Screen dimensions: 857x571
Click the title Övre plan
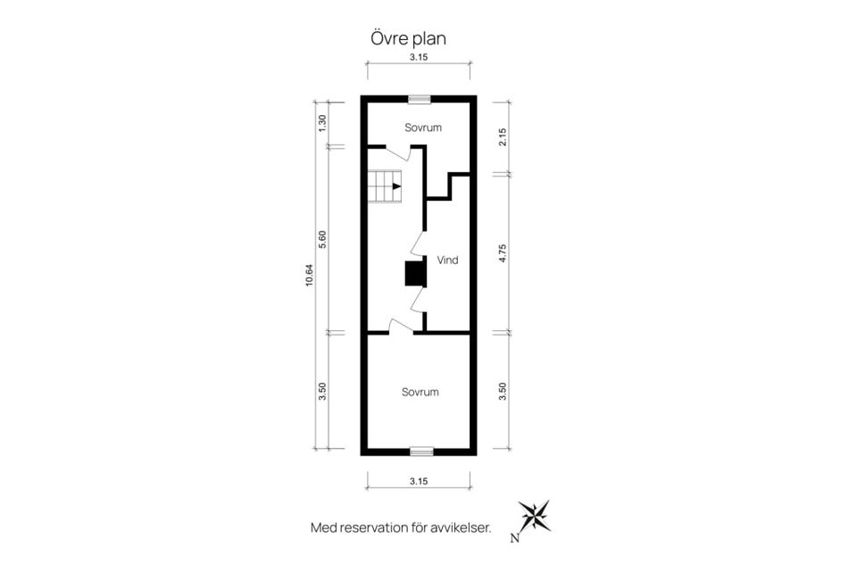[408, 38]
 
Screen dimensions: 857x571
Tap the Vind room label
[447, 261]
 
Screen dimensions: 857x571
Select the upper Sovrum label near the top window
[423, 128]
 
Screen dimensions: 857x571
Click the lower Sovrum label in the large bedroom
[420, 392]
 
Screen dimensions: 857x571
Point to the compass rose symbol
[535, 516]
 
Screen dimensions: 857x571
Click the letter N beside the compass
[514, 539]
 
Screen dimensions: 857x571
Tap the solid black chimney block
[415, 274]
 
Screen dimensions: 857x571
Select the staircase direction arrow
[396, 186]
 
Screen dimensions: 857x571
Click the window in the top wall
[420, 99]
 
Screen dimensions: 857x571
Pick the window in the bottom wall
[421, 451]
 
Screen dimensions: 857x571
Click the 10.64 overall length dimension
[310, 276]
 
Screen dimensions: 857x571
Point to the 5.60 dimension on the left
[322, 240]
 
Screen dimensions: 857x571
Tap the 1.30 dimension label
[322, 123]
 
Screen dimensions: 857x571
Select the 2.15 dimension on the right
[503, 137]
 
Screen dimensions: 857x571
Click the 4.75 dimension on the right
[503, 253]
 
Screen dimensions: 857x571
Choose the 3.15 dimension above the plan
[419, 57]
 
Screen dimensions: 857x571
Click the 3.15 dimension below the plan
[419, 482]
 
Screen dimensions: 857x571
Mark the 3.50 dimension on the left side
[322, 392]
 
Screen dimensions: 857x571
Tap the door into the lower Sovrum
[401, 327]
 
